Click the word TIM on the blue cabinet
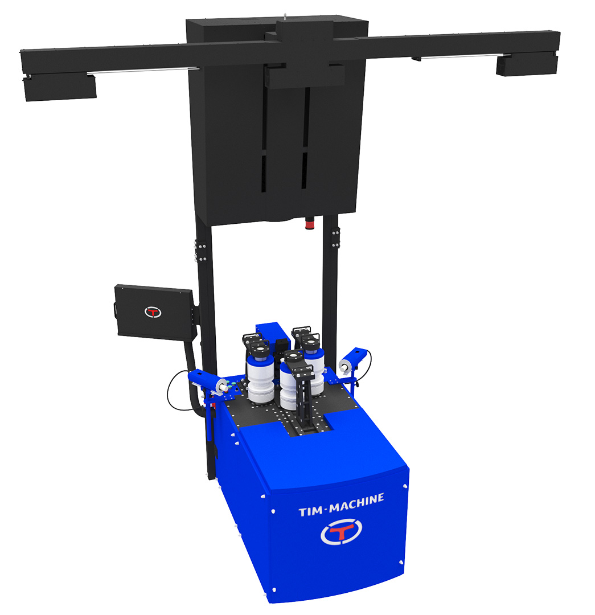310,511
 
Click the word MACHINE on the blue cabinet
356,503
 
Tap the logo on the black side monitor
153,312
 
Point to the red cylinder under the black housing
310,224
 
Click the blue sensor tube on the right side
354,360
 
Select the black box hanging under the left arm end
60,88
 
